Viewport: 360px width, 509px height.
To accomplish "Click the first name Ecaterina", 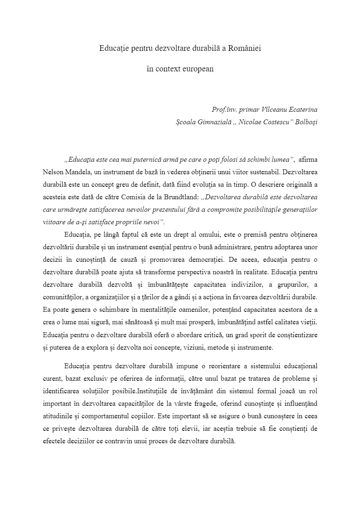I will click(x=302, y=109).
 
